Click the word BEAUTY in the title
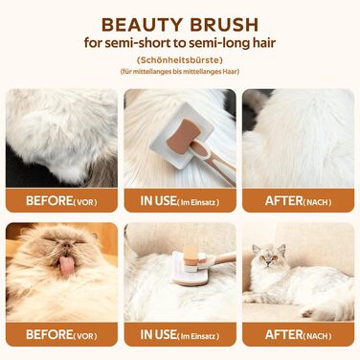[143, 25]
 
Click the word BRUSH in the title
[224, 25]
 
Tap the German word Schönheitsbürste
[180, 60]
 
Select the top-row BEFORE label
[50, 201]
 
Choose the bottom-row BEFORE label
[50, 334]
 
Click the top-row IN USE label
[158, 201]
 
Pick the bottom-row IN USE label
[158, 334]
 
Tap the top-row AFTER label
[283, 201]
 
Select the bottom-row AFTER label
[283, 334]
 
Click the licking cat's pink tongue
[67, 266]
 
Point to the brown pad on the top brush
[183, 136]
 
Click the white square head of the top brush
[181, 136]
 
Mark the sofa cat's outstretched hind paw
[307, 312]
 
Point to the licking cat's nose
[66, 245]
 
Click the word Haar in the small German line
[232, 72]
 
